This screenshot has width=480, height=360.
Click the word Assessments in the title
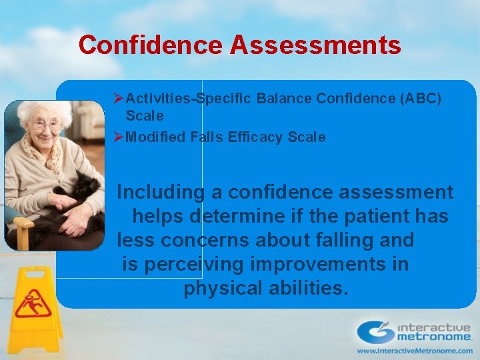(x=316, y=45)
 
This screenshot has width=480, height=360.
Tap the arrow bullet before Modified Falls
(x=118, y=137)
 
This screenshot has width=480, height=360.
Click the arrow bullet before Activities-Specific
(x=118, y=99)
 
